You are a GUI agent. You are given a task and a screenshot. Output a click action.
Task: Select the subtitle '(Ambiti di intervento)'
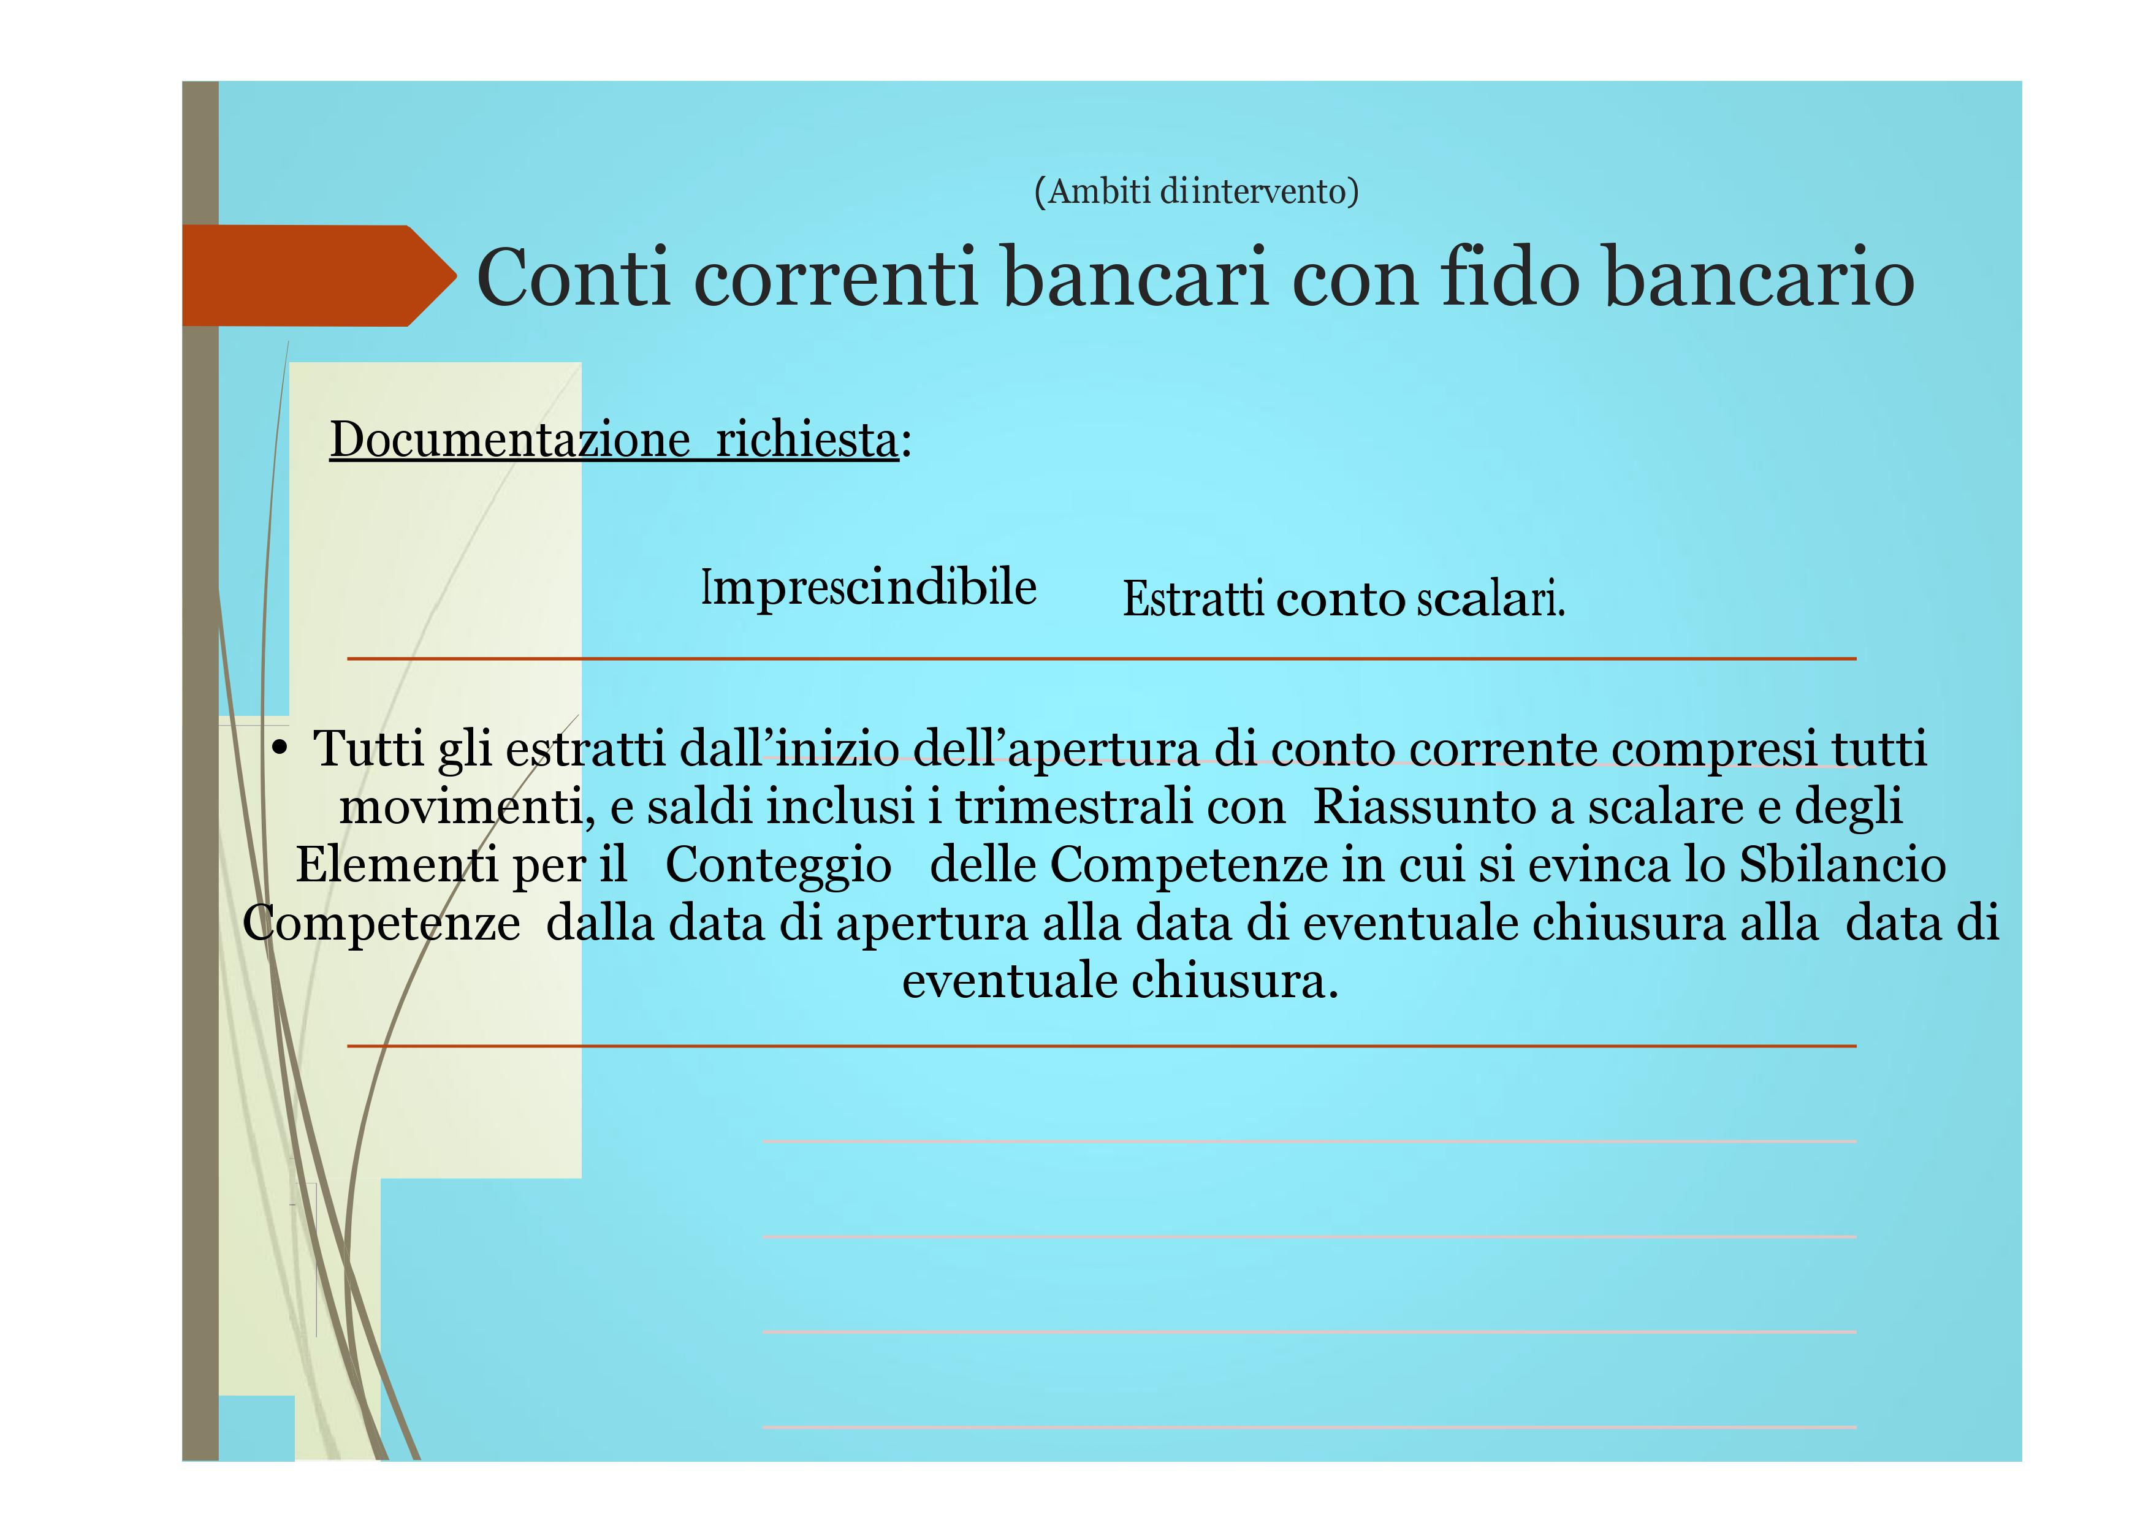pos(1197,191)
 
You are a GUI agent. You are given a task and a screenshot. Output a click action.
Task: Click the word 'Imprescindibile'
pos(869,588)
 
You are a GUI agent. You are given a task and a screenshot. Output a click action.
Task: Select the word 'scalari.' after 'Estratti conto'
pos(1491,599)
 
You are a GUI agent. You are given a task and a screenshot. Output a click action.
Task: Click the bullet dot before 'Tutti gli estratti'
pos(279,748)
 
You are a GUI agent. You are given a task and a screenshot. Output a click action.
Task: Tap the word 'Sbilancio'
pos(1843,864)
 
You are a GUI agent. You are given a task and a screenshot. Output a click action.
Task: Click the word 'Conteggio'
pos(779,864)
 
